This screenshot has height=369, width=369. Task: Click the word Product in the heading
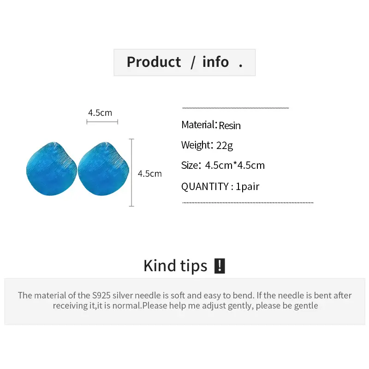click(x=154, y=62)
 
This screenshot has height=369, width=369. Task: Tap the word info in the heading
click(x=215, y=62)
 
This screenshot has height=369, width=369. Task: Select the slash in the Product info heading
click(x=193, y=63)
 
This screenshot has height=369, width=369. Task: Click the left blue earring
click(x=52, y=169)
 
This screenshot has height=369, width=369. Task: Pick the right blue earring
click(x=103, y=169)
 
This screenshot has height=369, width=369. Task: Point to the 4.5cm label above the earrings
click(x=100, y=113)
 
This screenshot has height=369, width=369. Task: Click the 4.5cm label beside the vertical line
click(x=149, y=174)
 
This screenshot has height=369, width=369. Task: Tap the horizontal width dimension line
click(x=102, y=122)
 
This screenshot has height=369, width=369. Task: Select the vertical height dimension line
click(x=131, y=173)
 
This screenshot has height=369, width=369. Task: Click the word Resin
click(x=230, y=125)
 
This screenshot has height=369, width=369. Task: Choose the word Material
click(x=198, y=125)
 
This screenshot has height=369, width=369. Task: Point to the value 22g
click(x=225, y=146)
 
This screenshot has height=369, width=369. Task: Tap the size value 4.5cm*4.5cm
click(x=235, y=166)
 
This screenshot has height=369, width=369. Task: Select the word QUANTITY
click(x=205, y=187)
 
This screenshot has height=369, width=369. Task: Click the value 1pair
click(x=247, y=187)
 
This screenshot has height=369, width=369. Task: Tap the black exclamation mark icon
click(x=220, y=266)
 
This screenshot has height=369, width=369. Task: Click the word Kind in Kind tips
click(x=160, y=266)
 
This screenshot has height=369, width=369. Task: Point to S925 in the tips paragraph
click(x=101, y=295)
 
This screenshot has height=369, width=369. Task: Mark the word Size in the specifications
click(x=190, y=165)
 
